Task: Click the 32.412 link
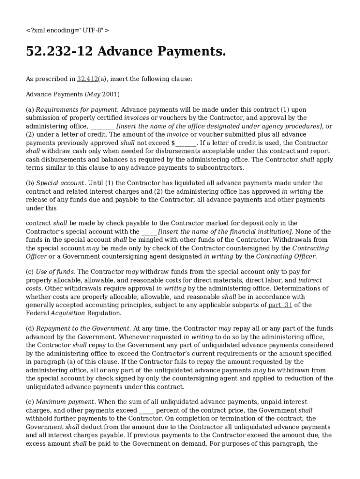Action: pyautogui.click(x=87, y=79)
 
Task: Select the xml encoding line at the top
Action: pyautogui.click(x=67, y=30)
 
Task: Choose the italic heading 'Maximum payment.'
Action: pyautogui.click(x=65, y=402)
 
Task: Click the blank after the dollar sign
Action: pyautogui.click(x=186, y=143)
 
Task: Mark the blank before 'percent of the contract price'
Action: pyautogui.click(x=147, y=410)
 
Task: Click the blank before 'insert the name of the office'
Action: pyautogui.click(x=102, y=126)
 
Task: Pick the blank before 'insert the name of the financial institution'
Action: pyautogui.click(x=149, y=232)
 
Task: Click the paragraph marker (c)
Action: pyautogui.click(x=29, y=271)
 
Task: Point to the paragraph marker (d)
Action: pyautogui.click(x=29, y=328)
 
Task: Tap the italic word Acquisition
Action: pyautogui.click(x=68, y=313)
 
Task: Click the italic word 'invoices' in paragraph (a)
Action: pyautogui.click(x=137, y=118)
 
